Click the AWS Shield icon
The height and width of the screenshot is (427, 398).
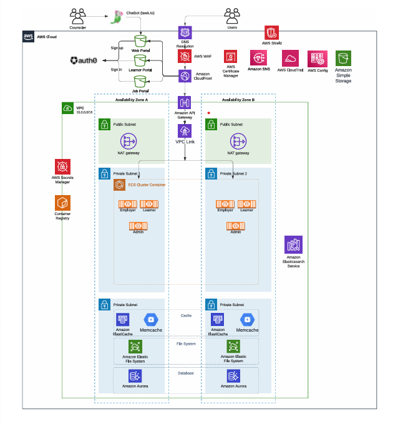[271, 33]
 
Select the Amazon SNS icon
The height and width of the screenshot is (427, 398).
[258, 58]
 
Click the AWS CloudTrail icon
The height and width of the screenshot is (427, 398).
[290, 59]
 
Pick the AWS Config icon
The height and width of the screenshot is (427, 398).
[318, 59]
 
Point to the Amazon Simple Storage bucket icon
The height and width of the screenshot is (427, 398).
[344, 59]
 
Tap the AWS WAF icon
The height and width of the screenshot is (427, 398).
[185, 56]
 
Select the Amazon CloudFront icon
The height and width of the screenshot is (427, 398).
[185, 75]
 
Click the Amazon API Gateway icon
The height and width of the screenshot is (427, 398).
[185, 102]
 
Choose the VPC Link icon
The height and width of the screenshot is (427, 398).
[185, 131]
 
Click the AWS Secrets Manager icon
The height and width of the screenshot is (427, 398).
[62, 166]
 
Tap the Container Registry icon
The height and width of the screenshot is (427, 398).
[62, 203]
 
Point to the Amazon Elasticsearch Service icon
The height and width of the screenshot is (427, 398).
[293, 245]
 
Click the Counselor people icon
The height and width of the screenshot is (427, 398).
[78, 15]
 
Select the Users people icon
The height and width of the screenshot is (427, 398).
[232, 15]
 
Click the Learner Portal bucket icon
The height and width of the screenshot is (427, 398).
[142, 60]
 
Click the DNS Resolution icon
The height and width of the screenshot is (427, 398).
[185, 32]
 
